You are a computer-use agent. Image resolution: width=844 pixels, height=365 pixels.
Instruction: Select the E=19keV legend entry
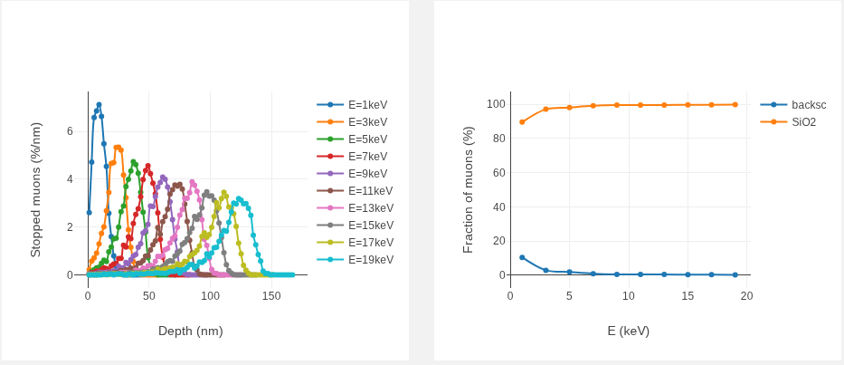(356, 260)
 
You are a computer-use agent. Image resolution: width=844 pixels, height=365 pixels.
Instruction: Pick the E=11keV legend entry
(356, 191)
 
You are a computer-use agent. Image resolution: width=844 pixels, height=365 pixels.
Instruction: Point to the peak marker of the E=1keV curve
(99, 104)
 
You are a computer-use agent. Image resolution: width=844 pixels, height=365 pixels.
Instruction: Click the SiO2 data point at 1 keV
(522, 122)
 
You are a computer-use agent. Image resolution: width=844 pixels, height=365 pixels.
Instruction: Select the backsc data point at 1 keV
(522, 257)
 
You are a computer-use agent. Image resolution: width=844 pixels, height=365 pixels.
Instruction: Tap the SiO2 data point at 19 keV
(735, 104)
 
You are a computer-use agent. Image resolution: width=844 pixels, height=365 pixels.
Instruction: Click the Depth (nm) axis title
(191, 331)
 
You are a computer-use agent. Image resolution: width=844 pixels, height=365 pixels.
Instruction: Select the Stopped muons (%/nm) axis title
(35, 190)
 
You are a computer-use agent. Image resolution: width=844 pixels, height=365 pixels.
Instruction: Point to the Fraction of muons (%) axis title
(469, 190)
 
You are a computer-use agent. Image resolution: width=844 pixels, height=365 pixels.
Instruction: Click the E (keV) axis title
(628, 331)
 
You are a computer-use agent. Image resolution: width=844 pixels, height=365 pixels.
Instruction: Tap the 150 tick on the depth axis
(271, 295)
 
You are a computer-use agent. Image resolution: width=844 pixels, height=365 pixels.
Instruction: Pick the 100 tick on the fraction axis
(496, 104)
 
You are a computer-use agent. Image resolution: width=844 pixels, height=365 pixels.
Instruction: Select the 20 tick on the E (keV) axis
(746, 295)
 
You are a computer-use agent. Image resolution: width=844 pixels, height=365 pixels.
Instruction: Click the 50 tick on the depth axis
(149, 295)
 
